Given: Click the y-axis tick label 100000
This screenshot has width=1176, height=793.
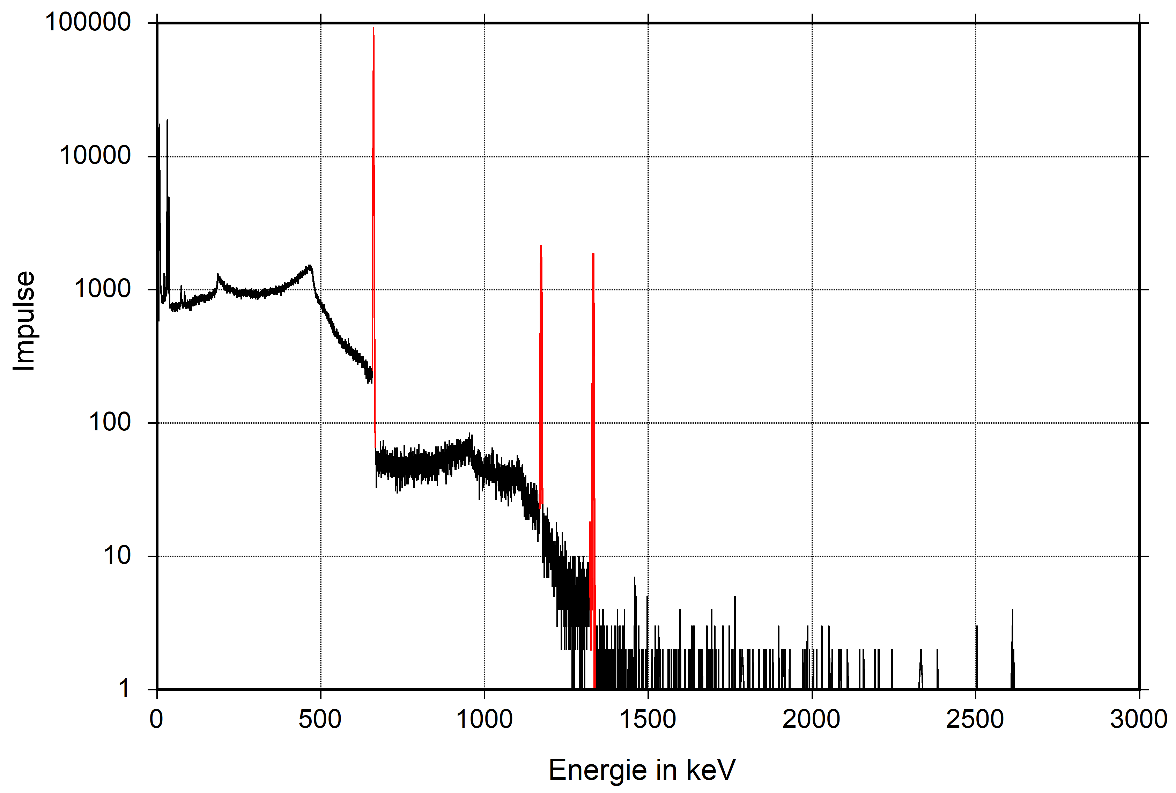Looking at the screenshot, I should [x=88, y=23].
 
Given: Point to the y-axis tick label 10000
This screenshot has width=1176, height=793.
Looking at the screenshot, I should [x=95, y=156].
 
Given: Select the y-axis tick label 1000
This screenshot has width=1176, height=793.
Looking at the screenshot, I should [x=102, y=289].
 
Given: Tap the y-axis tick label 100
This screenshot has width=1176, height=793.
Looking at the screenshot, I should [x=110, y=422].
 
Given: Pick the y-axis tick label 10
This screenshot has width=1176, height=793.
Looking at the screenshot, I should [x=117, y=556].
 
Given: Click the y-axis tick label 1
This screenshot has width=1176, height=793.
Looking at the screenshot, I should [x=124, y=689].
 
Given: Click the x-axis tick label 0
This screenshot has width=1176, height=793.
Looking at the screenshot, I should [x=156, y=719].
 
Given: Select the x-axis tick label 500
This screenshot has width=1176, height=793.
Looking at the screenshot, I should [x=320, y=719].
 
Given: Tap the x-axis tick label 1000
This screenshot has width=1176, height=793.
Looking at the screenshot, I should [x=484, y=719].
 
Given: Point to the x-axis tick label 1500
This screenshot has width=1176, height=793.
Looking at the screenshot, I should [x=648, y=719].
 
